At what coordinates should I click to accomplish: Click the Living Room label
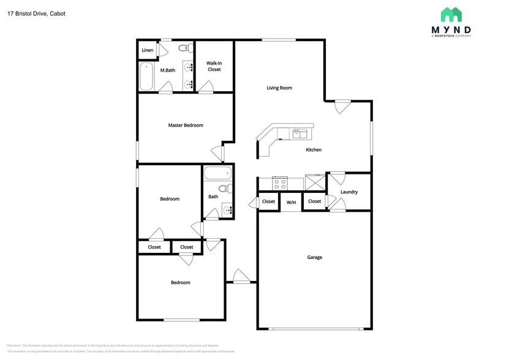279,88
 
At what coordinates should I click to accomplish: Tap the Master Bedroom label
186,126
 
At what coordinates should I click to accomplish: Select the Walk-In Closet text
214,66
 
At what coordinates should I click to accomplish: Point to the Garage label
314,258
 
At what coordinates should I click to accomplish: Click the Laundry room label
349,192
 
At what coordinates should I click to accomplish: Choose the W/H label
291,202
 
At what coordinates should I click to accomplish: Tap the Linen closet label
147,50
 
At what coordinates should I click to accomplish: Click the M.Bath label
168,70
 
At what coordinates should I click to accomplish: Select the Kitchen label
314,150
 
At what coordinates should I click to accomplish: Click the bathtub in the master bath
146,77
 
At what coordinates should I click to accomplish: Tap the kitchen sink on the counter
300,133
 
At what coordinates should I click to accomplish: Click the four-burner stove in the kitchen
280,182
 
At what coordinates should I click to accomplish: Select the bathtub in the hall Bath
217,173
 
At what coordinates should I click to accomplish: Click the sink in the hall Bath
227,210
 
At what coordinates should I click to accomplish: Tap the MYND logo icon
451,15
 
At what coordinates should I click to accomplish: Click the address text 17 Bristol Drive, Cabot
36,13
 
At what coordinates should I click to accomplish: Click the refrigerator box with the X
315,182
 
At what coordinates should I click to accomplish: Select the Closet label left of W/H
268,201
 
